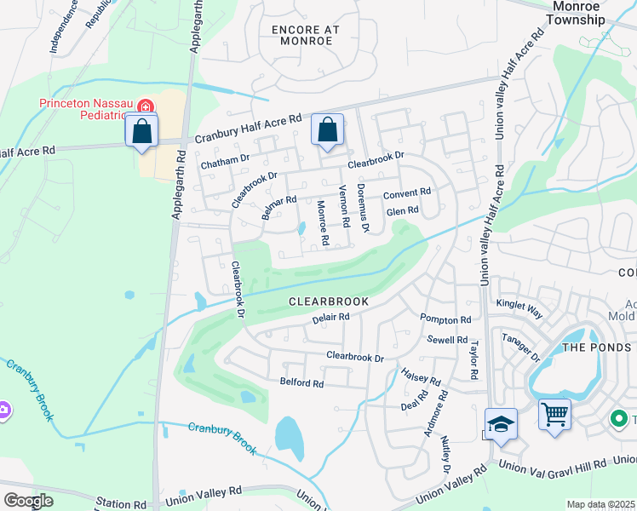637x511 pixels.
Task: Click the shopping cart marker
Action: point(554,415)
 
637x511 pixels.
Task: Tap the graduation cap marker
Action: point(501,423)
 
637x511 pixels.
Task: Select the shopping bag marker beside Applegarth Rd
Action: point(141,132)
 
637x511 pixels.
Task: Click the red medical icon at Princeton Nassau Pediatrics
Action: point(146,107)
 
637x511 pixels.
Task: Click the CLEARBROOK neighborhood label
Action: point(328,301)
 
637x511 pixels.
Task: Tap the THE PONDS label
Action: point(596,347)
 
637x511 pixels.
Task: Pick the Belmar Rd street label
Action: point(278,208)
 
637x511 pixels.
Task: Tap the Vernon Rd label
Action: point(344,206)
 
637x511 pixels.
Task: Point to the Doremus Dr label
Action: point(363,206)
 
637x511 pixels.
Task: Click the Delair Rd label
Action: point(331,317)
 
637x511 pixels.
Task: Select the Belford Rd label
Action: point(301,383)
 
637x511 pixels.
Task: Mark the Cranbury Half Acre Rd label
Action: point(249,130)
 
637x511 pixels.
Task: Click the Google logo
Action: point(28,500)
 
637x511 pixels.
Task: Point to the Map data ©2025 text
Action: point(600,504)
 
